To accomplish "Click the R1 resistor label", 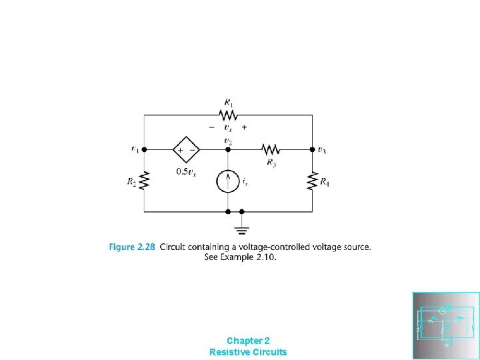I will point(228,103).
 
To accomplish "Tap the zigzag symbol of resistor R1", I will point(228,115).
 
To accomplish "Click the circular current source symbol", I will point(228,181).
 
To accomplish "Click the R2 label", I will point(132,182).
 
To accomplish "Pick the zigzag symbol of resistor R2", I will point(145,181).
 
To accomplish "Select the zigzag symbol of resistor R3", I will point(269,150).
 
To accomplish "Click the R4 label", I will point(325,182).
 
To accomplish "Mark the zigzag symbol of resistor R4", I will point(312,181).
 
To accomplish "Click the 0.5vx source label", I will point(185,171).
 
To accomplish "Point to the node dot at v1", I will point(145,150).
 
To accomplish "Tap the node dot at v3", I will point(312,150).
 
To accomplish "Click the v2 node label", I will point(229,141).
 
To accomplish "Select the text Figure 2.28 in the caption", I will point(132,247).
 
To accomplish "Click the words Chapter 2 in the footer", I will point(248,340).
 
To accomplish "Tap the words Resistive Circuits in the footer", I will point(248,351).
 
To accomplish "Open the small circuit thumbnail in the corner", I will point(446,325).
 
